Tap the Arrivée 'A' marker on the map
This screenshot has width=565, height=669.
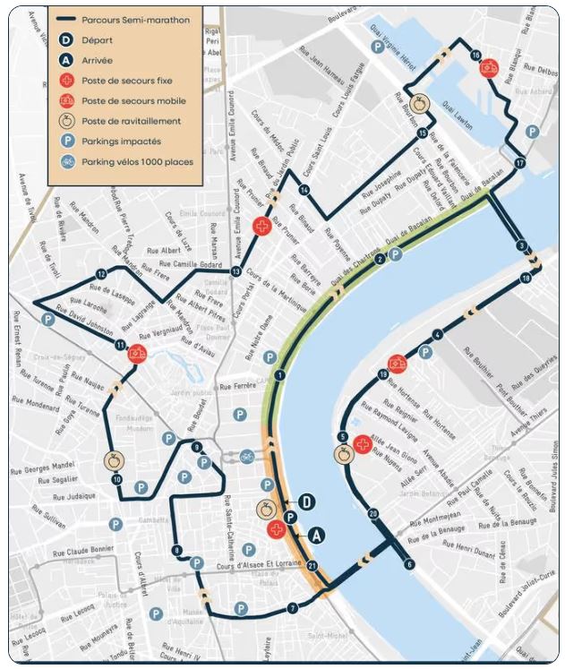point(315,535)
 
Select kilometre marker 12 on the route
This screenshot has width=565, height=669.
point(101,273)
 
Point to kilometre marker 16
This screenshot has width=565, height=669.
point(475,56)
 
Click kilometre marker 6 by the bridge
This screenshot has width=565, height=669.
point(409,564)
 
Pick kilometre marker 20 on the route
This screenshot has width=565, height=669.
point(373,513)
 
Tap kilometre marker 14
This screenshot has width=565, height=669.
point(304,190)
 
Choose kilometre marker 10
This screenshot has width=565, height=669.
point(116,480)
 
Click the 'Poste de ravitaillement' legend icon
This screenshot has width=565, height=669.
point(67,121)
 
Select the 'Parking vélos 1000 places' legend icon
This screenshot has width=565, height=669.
point(67,162)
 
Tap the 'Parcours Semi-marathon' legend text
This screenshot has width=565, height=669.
point(135,19)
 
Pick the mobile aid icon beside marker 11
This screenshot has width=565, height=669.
point(137,353)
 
